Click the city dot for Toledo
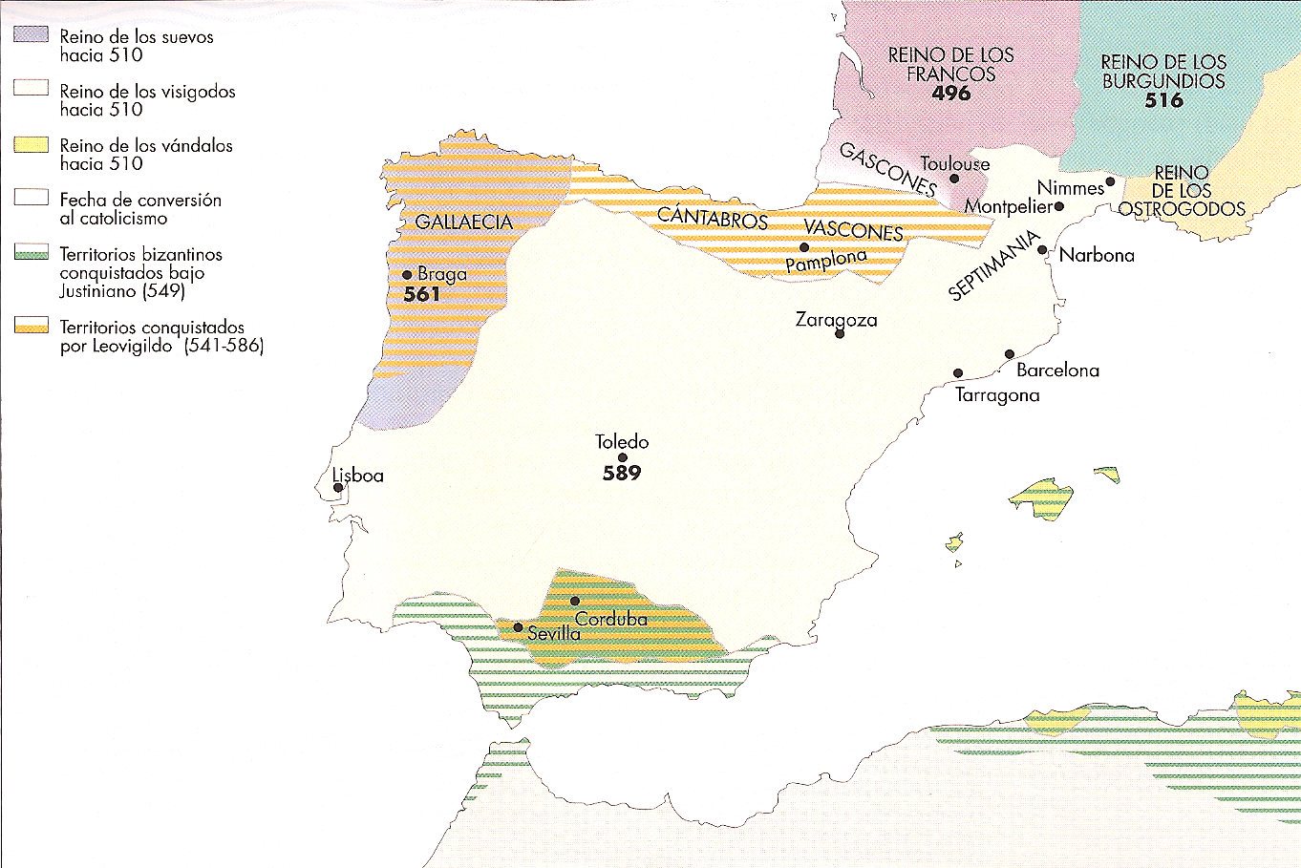[x=622, y=457]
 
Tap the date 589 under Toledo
[x=622, y=473]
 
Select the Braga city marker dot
[x=407, y=275]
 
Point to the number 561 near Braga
[x=421, y=294]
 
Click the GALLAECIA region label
[x=464, y=222]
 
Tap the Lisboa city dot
[x=338, y=488]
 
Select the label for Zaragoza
[x=836, y=320]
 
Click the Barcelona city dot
[x=1010, y=354]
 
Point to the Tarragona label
[x=997, y=395]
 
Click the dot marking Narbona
[x=1042, y=250]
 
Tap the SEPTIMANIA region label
[x=993, y=266]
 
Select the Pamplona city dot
[x=804, y=247]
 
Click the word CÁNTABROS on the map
[x=713, y=218]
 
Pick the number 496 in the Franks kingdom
[x=951, y=94]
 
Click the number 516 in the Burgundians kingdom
[x=1163, y=100]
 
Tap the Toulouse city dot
[x=954, y=179]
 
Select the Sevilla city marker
[x=518, y=628]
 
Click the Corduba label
[x=611, y=619]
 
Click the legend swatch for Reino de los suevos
[x=31, y=34]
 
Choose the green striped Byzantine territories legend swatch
[x=31, y=253]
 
